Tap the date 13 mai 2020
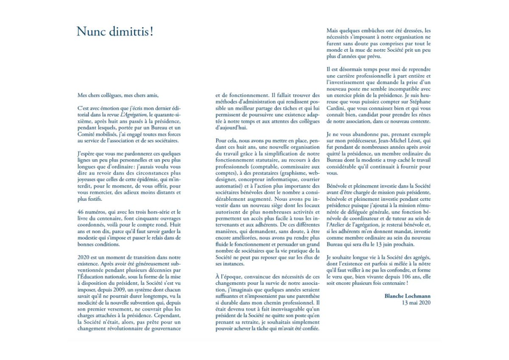(417, 303)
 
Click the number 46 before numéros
(81, 212)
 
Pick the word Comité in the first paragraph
(87, 133)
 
